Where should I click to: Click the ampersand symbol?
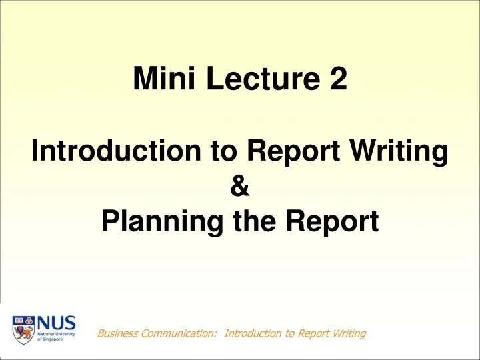240,189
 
